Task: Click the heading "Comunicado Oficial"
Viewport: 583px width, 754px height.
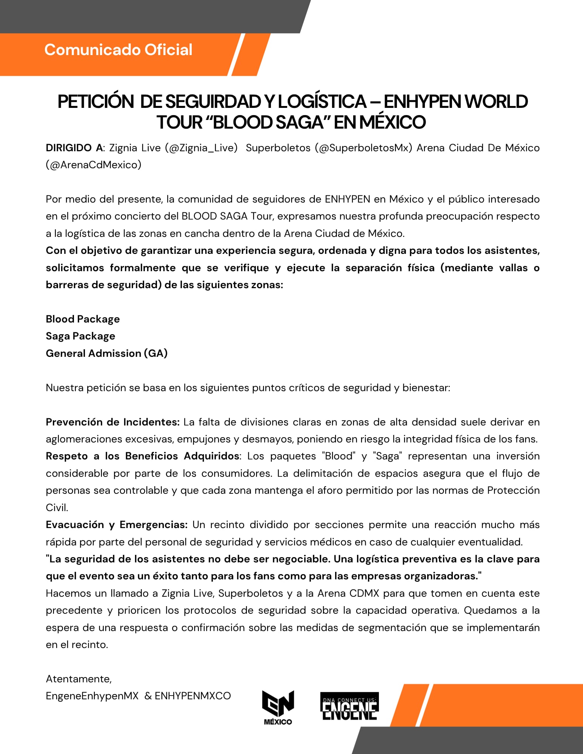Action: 118,50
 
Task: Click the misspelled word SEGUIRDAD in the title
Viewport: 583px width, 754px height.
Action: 213,102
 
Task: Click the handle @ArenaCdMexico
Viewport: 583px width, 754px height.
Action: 94,165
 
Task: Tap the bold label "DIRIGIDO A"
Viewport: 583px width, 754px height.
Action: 74,148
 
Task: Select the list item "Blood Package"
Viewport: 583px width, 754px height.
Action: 83,319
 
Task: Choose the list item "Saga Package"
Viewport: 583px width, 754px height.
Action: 80,336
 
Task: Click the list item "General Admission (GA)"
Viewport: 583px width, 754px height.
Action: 106,353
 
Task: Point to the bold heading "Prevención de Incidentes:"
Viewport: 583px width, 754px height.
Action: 112,422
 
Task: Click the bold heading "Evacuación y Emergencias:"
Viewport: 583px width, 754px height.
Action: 117,525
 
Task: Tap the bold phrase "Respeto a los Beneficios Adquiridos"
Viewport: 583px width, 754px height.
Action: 142,456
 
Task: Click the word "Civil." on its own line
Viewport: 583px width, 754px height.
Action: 57,508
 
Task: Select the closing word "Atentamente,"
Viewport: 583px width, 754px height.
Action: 79,679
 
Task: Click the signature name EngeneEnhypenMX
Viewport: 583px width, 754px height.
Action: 92,696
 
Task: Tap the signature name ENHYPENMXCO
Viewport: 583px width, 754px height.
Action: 193,696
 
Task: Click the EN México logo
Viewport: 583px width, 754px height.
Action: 278,708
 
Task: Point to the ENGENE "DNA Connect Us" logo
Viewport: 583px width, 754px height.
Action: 349,706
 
